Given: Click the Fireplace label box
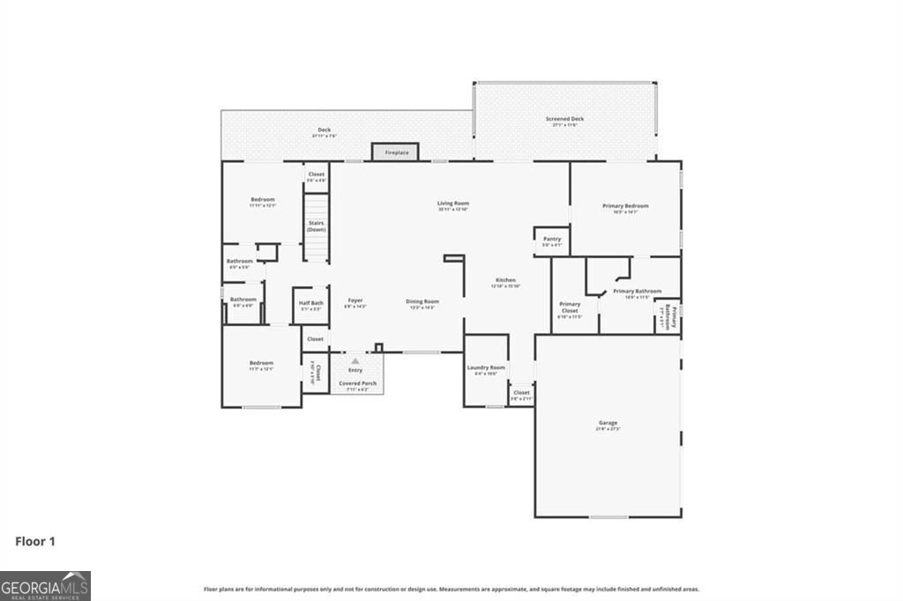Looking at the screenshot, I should coord(396,152).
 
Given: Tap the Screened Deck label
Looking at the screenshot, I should coord(568,119).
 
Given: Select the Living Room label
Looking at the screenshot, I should coord(453,204).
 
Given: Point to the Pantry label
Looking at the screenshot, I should coord(552,239).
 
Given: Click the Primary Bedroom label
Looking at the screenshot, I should coord(625,206).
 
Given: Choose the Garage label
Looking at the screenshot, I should coord(608,423).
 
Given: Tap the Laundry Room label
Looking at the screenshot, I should coord(486,367).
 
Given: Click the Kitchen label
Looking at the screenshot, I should coord(505,280).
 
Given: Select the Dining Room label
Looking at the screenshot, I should coord(422,301).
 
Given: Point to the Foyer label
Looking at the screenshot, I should coord(354,300).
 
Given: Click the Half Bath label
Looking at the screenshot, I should coord(312,303).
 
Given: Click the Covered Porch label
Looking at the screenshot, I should coord(356,383).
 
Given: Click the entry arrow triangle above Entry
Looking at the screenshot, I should coord(355,360).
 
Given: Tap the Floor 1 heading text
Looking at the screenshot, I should coord(35,541).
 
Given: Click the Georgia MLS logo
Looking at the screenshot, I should coord(45,585).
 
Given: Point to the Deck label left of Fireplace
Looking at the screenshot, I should coord(325,130).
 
